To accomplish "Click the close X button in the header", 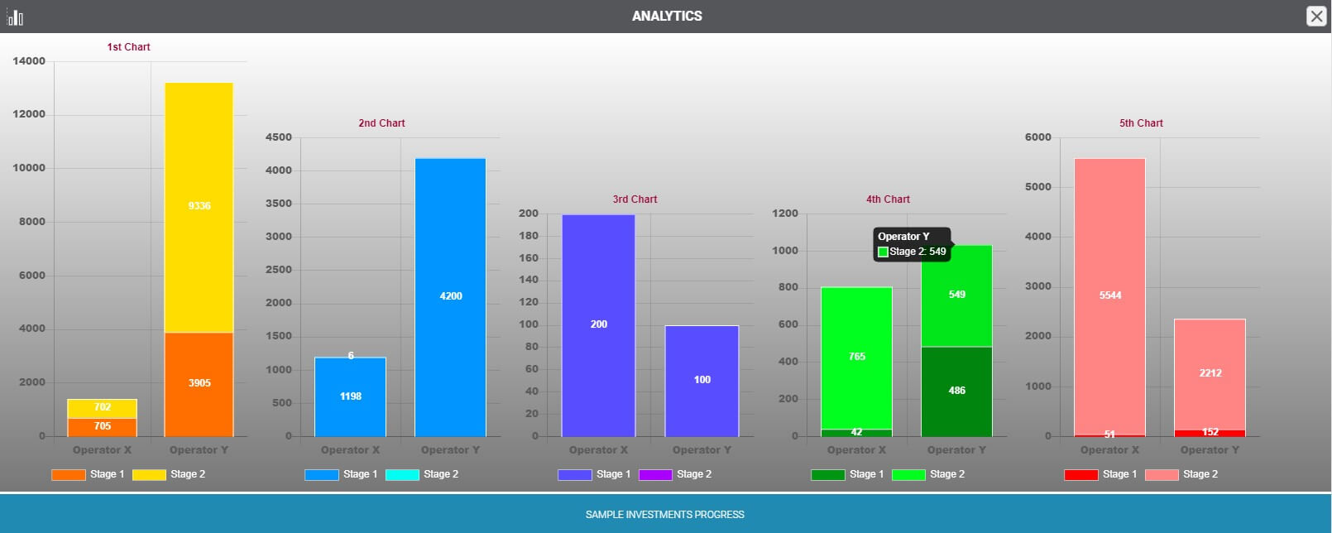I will tap(1315, 16).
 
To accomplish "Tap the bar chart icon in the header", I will tap(15, 17).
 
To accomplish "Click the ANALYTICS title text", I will tap(667, 16).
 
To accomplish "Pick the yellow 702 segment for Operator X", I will tap(102, 408).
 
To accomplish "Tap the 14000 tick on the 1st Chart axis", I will tap(29, 61).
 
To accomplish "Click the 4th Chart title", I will tap(888, 199).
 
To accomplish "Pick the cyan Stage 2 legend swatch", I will tap(402, 475).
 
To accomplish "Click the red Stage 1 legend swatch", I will tap(1080, 475).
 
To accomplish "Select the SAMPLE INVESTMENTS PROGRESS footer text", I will tap(665, 515).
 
